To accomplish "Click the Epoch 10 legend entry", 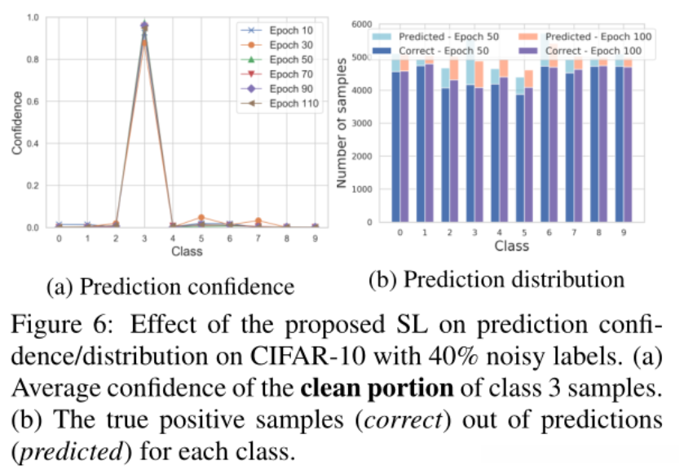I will pos(265,30).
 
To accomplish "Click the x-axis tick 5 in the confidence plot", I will pos(201,239).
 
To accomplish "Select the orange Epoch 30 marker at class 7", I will pos(258,221).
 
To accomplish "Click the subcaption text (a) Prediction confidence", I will pos(170,286).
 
